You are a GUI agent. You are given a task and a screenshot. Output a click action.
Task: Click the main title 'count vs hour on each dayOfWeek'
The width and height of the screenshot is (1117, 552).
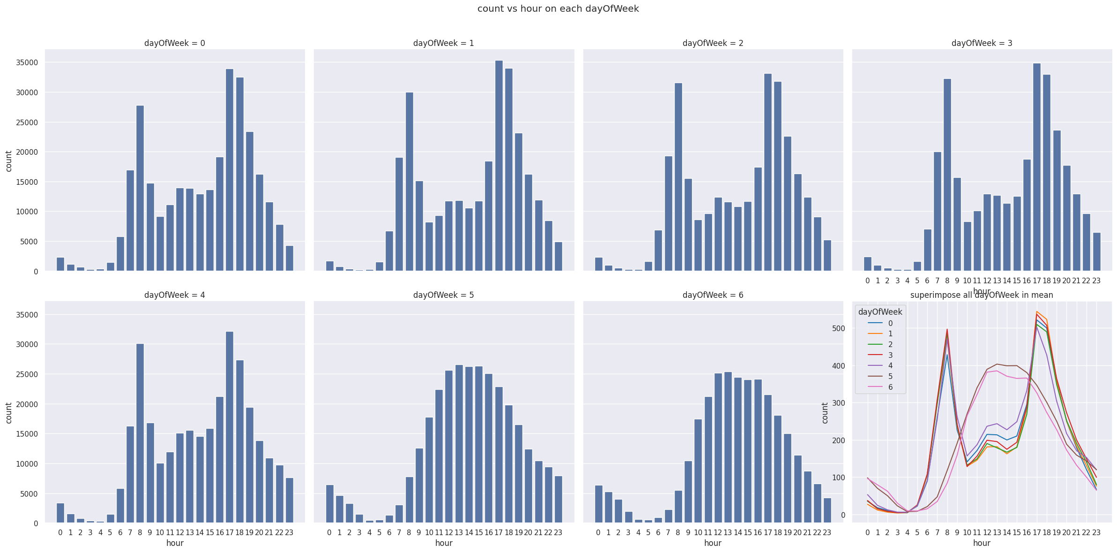click(558, 9)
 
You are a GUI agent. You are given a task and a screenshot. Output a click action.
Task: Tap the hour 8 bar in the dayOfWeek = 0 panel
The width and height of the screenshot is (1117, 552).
click(140, 188)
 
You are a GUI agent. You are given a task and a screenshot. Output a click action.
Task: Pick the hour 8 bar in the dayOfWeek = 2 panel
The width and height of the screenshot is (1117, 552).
click(678, 177)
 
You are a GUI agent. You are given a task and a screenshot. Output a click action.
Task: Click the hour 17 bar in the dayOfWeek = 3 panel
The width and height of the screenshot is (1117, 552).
click(1037, 167)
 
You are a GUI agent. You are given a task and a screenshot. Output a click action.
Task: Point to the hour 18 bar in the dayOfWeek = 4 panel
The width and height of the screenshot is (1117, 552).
click(240, 441)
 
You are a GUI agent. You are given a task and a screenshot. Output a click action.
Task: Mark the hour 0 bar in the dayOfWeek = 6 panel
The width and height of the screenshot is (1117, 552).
click(598, 504)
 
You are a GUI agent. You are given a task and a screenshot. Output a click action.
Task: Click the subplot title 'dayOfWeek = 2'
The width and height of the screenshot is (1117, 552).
click(713, 43)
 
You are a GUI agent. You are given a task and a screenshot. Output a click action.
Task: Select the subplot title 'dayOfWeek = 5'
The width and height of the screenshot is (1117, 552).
click(443, 295)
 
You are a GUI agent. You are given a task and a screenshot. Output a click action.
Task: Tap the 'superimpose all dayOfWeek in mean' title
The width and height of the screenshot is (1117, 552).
click(982, 295)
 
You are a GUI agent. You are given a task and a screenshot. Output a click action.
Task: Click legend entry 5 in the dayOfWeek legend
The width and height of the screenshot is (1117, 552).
click(890, 377)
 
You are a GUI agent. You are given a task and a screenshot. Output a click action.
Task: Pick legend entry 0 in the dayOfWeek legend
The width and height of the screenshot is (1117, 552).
click(890, 323)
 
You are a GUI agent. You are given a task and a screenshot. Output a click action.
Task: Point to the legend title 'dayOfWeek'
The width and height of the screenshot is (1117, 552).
click(880, 312)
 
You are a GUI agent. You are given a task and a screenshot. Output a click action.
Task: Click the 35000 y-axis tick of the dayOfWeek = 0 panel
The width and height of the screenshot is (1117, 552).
click(28, 63)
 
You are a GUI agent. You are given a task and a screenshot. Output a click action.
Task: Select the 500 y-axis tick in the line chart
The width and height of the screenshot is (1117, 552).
click(839, 328)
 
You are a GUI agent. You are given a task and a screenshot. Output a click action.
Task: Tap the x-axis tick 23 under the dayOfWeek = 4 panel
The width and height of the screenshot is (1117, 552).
click(289, 533)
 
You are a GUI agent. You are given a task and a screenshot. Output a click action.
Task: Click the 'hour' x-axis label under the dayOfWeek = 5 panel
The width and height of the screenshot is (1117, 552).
click(444, 543)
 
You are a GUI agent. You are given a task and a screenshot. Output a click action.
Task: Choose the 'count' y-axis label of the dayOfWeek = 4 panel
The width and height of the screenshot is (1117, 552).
click(8, 413)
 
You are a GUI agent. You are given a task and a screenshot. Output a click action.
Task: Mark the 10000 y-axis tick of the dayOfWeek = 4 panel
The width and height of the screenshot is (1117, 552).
click(28, 464)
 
